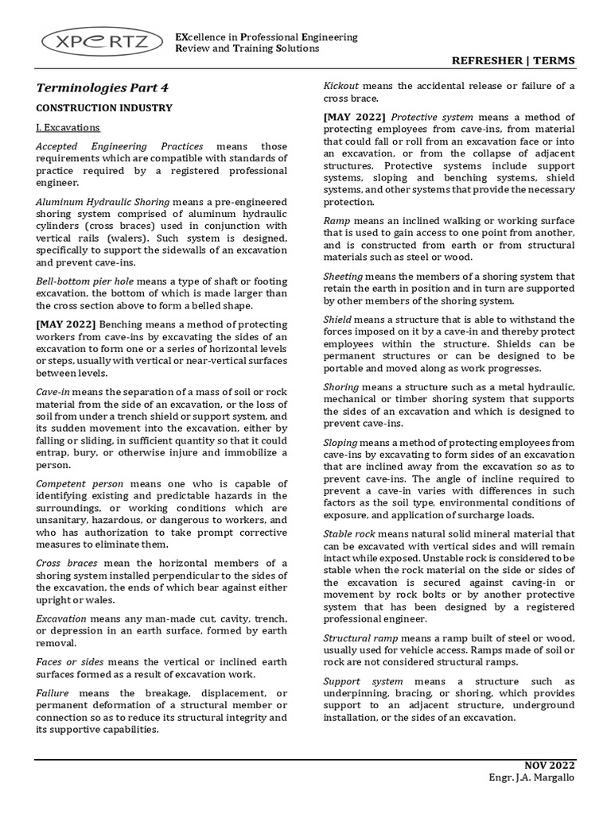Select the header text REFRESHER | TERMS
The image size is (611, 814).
[512, 61]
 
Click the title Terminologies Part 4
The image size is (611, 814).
[103, 88]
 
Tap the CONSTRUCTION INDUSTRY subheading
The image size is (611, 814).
[104, 107]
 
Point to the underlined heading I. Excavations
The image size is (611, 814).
[68, 127]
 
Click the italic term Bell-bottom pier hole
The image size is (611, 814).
[85, 281]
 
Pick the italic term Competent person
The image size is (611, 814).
[80, 483]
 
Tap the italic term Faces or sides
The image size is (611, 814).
[70, 661]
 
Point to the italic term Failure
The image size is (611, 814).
[53, 694]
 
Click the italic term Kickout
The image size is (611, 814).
[341, 85]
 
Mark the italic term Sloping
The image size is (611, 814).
[341, 442]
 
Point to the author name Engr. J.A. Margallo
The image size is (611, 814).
[531, 777]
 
